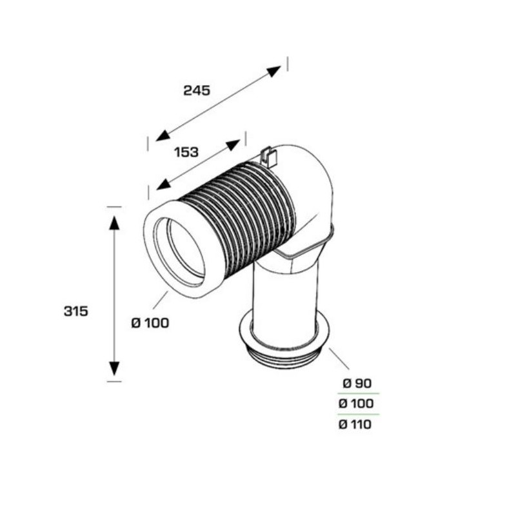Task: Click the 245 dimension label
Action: tap(197, 90)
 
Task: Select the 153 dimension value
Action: tap(186, 152)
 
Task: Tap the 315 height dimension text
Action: tap(76, 311)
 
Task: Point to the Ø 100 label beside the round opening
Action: tap(150, 323)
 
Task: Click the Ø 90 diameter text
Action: tap(357, 383)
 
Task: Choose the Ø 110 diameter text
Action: tap(355, 424)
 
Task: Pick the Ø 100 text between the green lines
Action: tap(356, 404)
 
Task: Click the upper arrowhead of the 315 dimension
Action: tap(114, 223)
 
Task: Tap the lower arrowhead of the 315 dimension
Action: tap(114, 368)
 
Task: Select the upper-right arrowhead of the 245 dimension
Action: tap(273, 71)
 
